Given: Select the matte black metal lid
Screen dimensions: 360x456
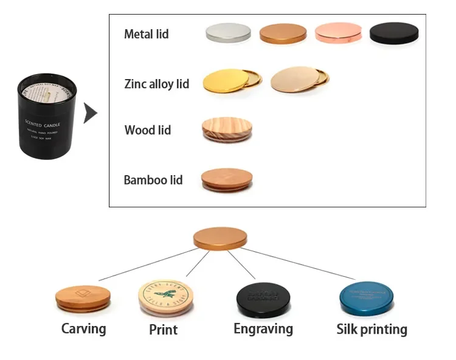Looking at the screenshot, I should tap(394, 33).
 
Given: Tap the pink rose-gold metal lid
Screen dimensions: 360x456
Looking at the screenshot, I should tap(338, 33).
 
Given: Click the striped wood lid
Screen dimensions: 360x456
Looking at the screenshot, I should tap(226, 130).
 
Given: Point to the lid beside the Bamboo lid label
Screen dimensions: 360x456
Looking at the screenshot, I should tap(227, 179).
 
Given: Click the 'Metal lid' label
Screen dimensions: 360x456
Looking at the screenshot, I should tap(146, 34).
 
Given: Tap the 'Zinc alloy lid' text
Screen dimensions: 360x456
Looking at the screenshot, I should tap(157, 84).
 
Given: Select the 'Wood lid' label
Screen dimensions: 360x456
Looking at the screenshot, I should tap(147, 130).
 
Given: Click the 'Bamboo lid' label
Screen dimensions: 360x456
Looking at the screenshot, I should tap(153, 180).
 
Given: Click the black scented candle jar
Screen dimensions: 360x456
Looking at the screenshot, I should tap(47, 113).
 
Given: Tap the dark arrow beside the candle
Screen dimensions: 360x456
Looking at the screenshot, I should tap(91, 113).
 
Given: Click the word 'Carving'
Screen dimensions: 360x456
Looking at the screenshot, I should tap(83, 329).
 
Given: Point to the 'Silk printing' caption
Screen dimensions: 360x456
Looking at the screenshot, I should tap(371, 330).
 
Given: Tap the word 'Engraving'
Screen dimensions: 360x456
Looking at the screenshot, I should tap(263, 329).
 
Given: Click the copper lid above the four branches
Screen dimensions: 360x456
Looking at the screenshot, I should tap(222, 238).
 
